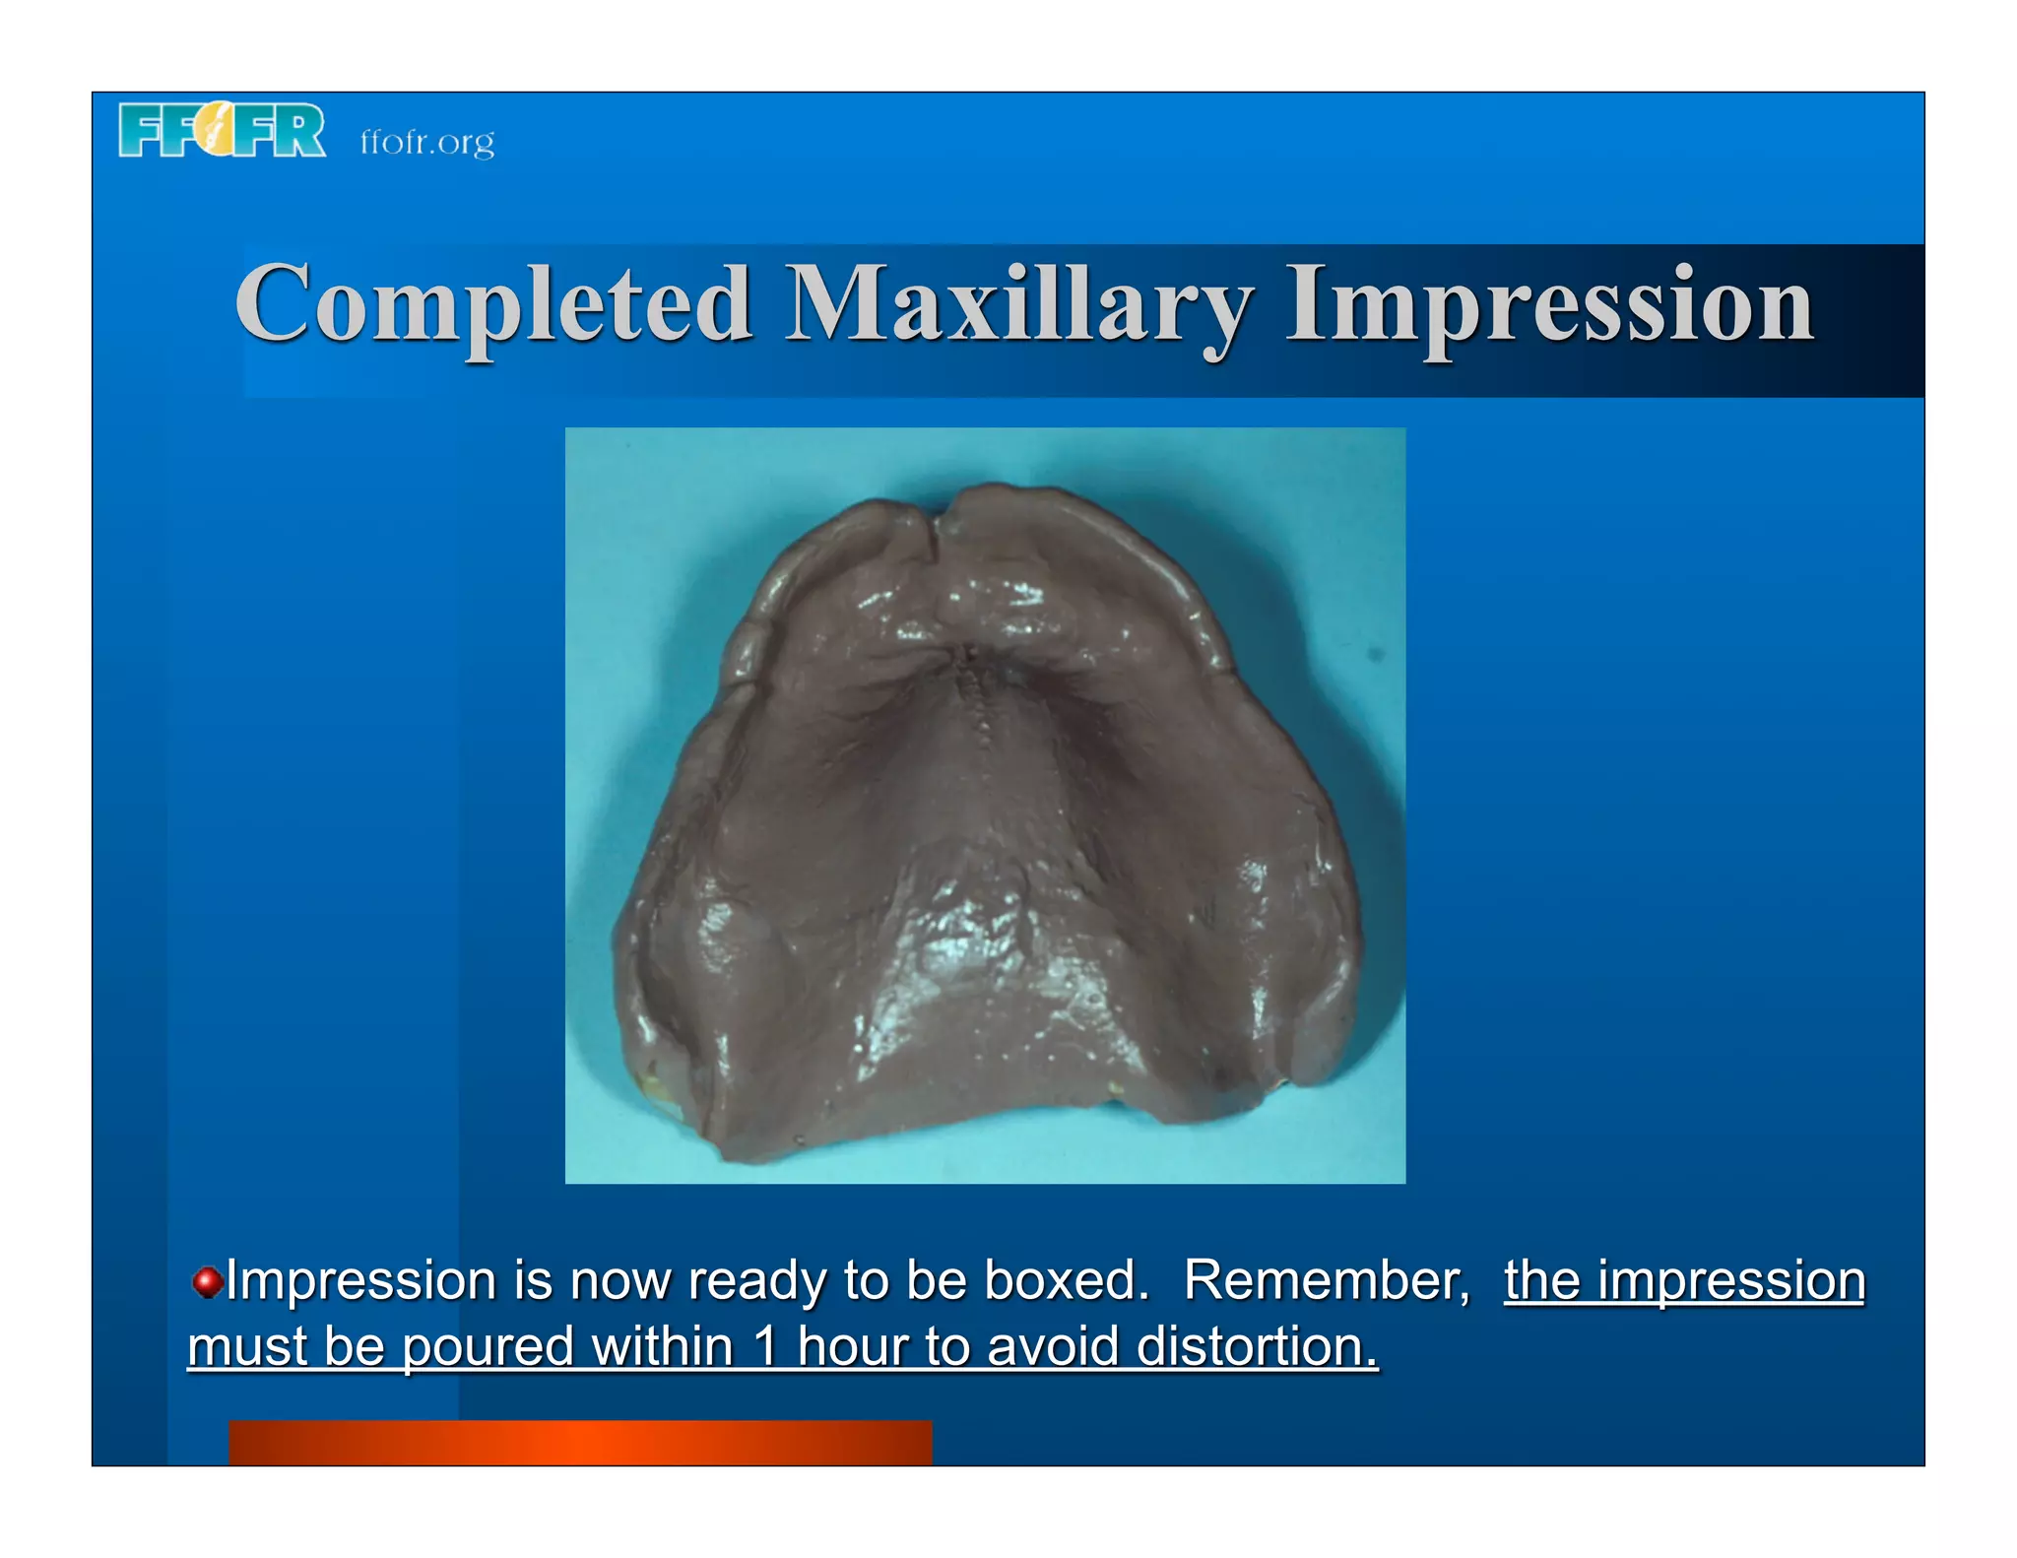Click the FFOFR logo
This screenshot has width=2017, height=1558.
pyautogui.click(x=222, y=130)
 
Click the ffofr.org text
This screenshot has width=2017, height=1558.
pyautogui.click(x=426, y=142)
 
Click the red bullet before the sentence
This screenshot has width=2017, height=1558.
pyautogui.click(x=206, y=1282)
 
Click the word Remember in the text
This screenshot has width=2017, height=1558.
pyautogui.click(x=1326, y=1280)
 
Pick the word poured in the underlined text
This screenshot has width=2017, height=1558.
pyautogui.click(x=488, y=1346)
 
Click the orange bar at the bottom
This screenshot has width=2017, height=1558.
pyautogui.click(x=580, y=1442)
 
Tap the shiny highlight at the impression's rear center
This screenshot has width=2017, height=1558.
pyautogui.click(x=970, y=936)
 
